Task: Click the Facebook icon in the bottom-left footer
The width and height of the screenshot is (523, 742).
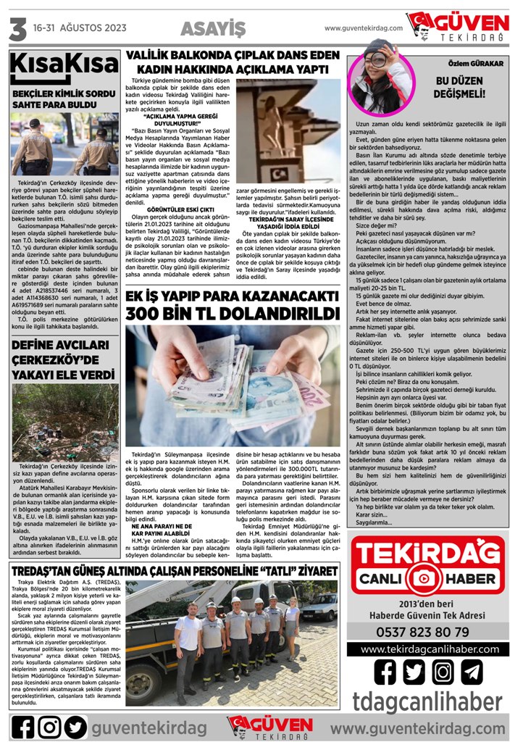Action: (x=23, y=726)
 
